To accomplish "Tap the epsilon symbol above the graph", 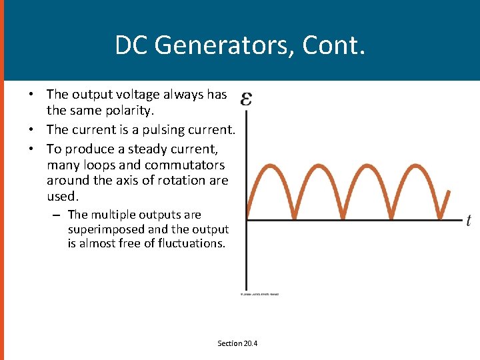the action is [x=246, y=99].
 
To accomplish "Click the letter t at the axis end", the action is [x=469, y=221].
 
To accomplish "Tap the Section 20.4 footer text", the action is [x=237, y=343].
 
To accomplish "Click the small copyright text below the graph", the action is [x=259, y=294].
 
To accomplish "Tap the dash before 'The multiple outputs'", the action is [x=57, y=215].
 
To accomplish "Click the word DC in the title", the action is [x=130, y=45].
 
